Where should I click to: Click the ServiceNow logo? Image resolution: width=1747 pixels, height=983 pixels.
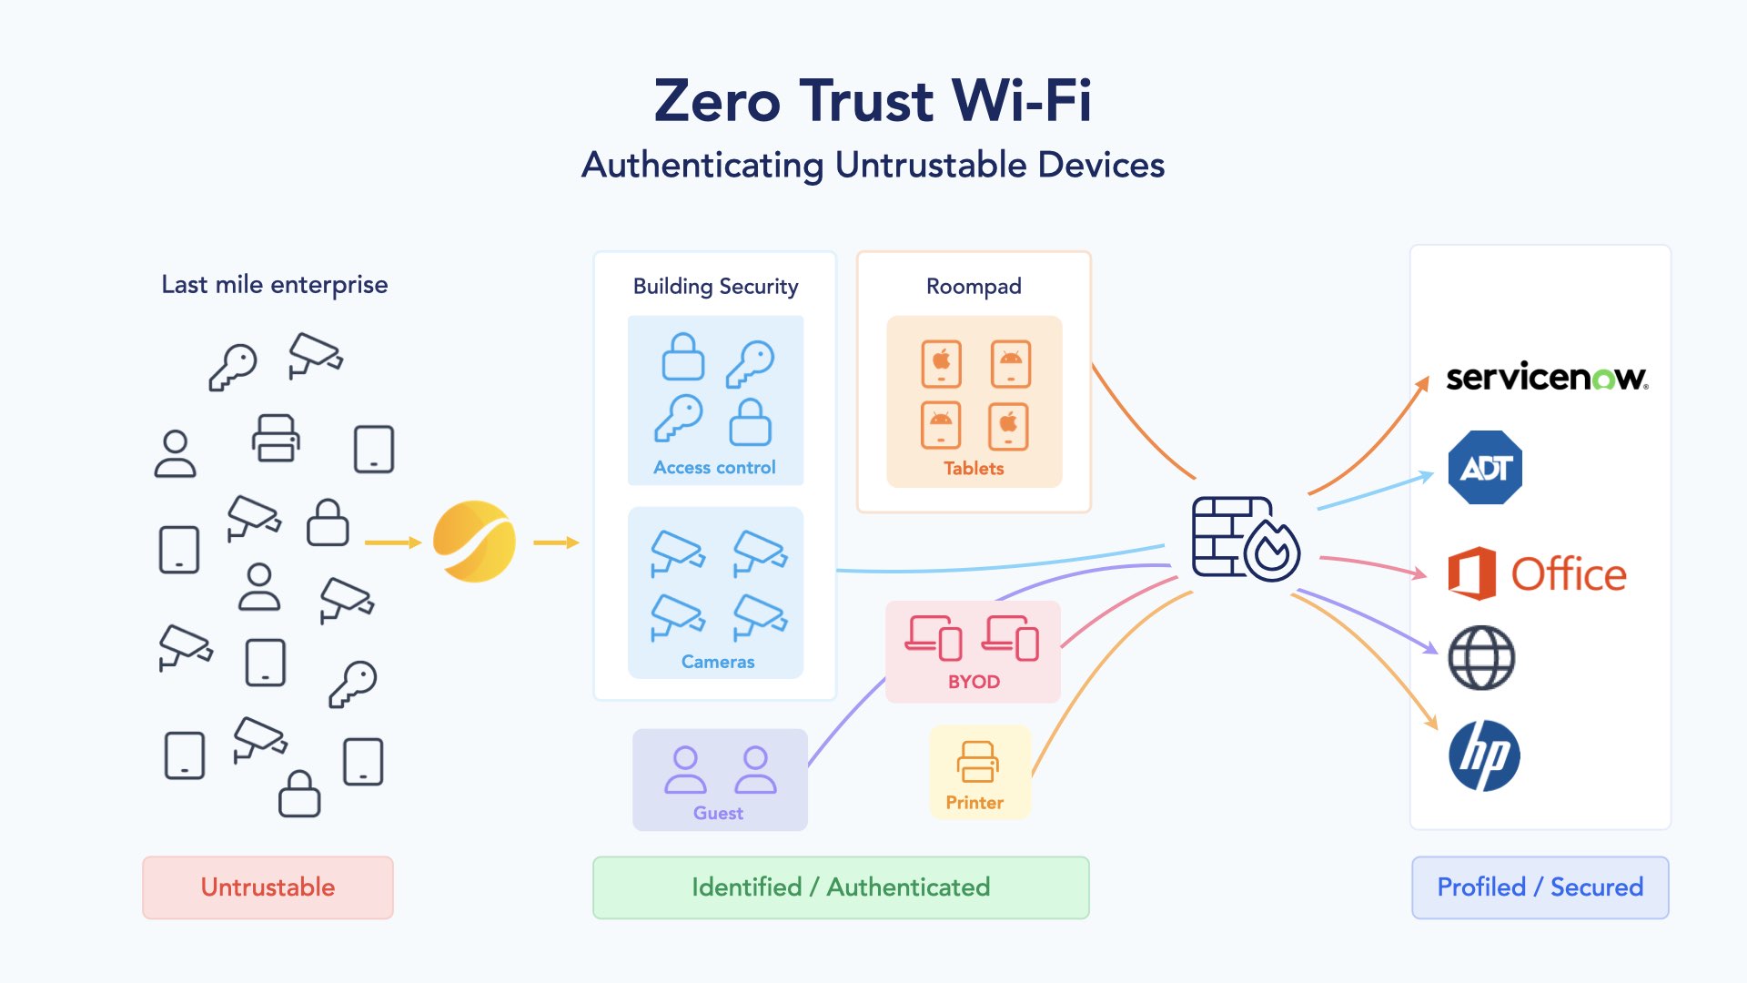point(1547,377)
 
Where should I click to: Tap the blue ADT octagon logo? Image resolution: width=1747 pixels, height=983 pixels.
point(1485,468)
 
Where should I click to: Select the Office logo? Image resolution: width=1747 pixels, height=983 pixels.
point(1537,573)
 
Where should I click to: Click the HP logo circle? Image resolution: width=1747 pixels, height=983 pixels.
point(1484,755)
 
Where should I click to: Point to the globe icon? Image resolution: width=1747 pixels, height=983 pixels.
point(1481,658)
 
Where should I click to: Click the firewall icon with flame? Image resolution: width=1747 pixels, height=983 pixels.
point(1245,539)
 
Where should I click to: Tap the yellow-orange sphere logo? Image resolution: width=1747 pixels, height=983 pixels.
point(474,542)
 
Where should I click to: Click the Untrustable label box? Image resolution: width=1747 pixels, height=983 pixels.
point(268,887)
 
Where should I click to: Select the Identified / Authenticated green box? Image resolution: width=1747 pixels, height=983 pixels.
point(841,887)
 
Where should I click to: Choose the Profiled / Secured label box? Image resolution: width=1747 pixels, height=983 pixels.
point(1540,887)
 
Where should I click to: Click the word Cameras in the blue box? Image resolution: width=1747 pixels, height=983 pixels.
point(718,662)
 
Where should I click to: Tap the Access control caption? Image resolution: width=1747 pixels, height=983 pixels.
point(714,468)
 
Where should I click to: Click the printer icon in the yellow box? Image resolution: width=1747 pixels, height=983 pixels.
point(977,762)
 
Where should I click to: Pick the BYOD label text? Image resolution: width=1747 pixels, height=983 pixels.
point(974,682)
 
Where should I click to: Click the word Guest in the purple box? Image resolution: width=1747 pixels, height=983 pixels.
point(718,813)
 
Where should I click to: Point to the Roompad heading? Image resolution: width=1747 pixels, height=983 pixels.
point(974,287)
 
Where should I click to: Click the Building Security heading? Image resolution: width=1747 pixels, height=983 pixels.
point(715,287)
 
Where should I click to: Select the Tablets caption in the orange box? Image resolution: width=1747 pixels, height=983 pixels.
point(974,469)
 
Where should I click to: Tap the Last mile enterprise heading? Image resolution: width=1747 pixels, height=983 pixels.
point(275,285)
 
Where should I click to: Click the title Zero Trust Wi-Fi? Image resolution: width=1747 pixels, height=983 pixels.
point(873,100)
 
